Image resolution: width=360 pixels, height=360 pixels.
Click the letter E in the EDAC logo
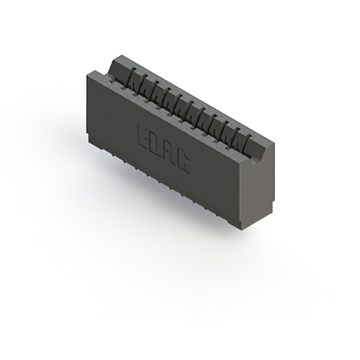coord(145,134)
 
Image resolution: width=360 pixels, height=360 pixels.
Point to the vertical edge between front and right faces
coord(242,191)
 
